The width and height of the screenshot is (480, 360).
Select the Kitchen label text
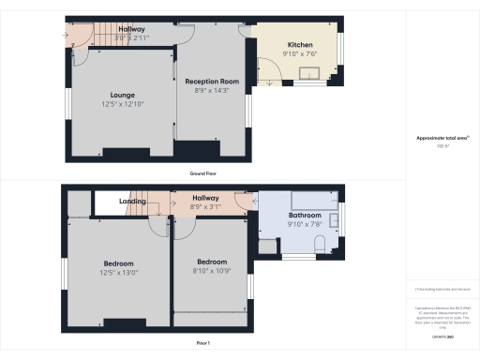300,44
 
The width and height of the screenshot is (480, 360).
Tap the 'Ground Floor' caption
205,173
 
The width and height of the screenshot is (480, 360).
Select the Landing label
132,202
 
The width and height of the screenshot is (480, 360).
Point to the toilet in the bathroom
320,246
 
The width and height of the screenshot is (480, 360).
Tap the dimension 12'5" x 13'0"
118,273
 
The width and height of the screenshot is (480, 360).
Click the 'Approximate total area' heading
442,138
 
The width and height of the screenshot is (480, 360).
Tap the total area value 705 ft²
442,146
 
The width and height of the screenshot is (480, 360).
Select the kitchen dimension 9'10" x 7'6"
300,53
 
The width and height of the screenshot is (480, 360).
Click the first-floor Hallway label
205,198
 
